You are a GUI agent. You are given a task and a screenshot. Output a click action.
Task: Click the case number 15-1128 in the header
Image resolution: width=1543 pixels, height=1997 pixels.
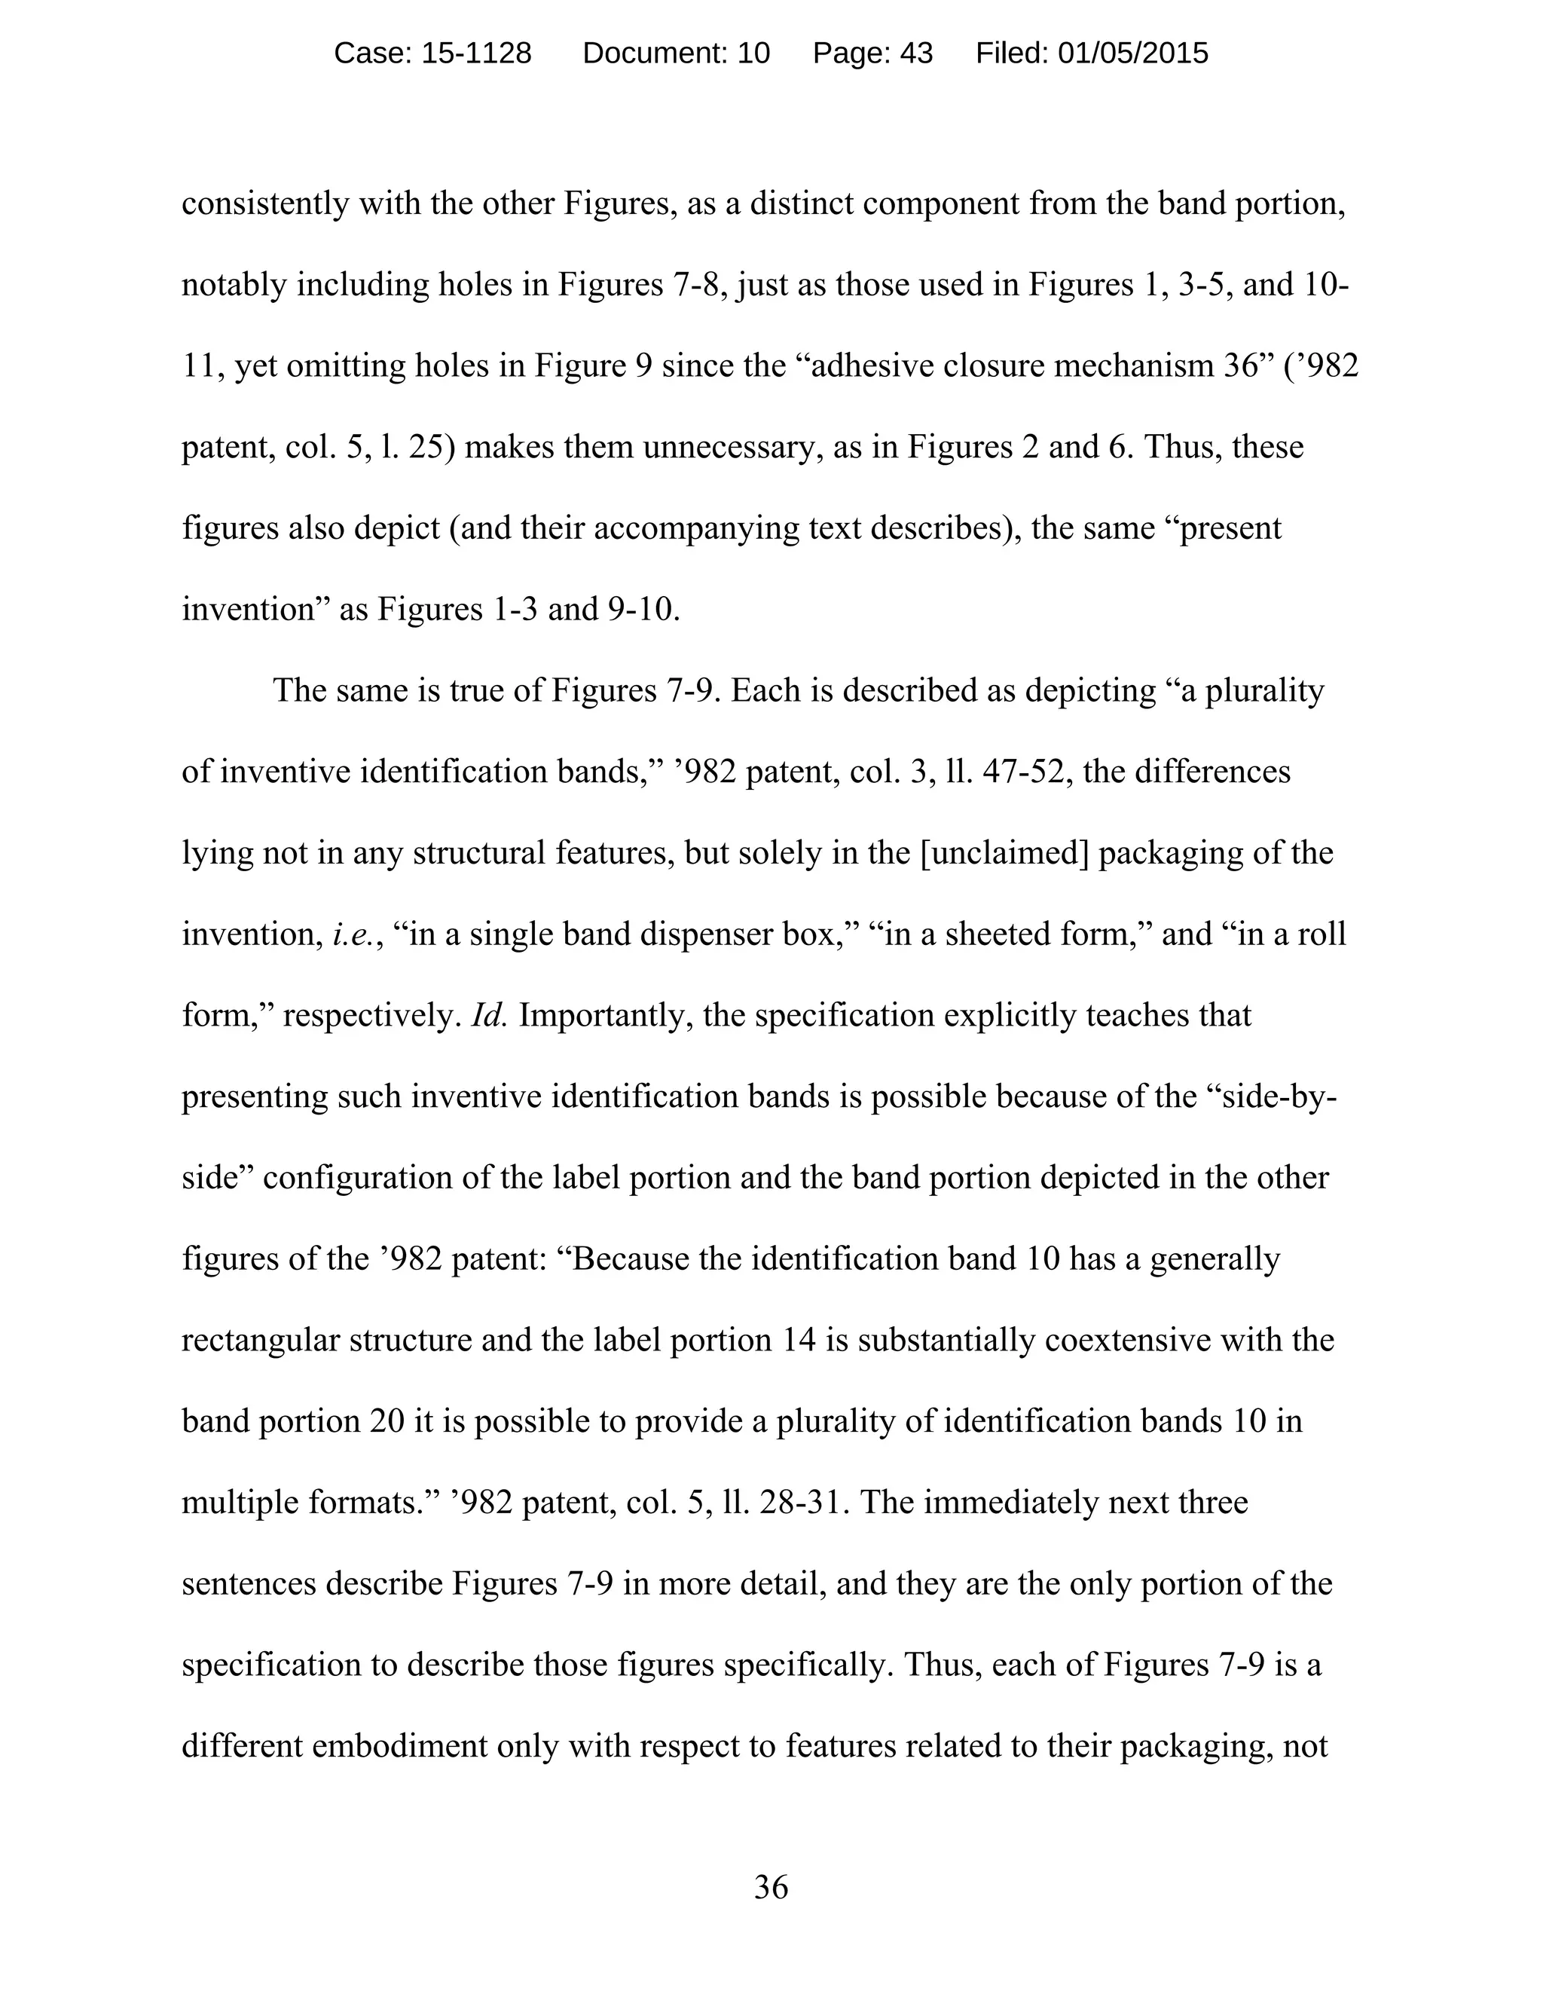475,54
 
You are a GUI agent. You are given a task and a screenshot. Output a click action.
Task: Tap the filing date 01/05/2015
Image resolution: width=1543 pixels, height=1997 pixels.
1132,54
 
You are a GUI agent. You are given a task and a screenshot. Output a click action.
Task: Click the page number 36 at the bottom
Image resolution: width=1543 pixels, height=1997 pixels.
771,1887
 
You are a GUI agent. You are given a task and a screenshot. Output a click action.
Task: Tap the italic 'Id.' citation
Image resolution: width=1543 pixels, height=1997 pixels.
489,1016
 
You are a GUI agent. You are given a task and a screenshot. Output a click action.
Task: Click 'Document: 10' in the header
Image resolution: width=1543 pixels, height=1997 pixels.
677,54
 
